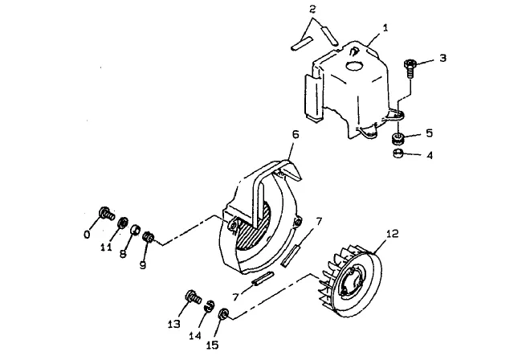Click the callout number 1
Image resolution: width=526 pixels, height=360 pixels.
coord(385,28)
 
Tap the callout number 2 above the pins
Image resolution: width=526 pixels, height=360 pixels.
coord(312,9)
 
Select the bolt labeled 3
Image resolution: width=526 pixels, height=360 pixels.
coord(410,68)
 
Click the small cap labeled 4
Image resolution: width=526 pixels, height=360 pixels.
coord(398,153)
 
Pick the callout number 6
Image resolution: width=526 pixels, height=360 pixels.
coord(296,135)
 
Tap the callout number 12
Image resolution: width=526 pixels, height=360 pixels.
coord(393,233)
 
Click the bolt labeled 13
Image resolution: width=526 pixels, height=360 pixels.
coord(193,297)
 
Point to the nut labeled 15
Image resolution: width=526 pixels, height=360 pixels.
coord(223,314)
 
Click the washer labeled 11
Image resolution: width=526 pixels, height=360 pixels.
coord(122,223)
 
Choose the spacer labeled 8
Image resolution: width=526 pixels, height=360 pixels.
coord(135,231)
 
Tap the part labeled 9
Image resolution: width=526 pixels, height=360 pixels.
coord(149,237)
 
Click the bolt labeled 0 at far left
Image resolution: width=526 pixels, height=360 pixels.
coord(106,213)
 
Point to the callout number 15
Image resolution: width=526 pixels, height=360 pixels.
coord(212,345)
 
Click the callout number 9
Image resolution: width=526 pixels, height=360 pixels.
coord(143,265)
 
